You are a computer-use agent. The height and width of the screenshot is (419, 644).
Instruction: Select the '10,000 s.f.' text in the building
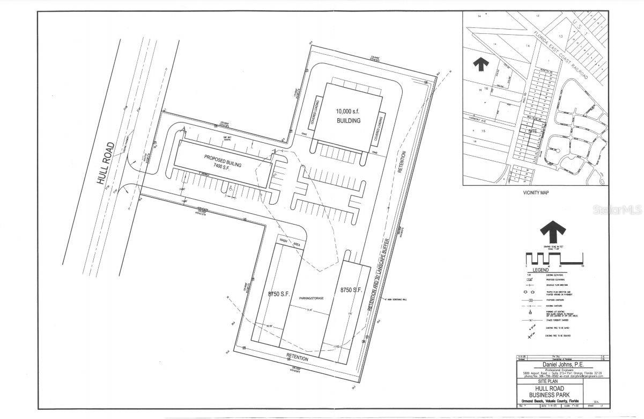pyautogui.click(x=348, y=111)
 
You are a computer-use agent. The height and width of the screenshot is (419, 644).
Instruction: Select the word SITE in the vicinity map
pyautogui.click(x=532, y=131)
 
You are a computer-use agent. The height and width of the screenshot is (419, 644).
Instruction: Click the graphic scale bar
pyautogui.click(x=554, y=258)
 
